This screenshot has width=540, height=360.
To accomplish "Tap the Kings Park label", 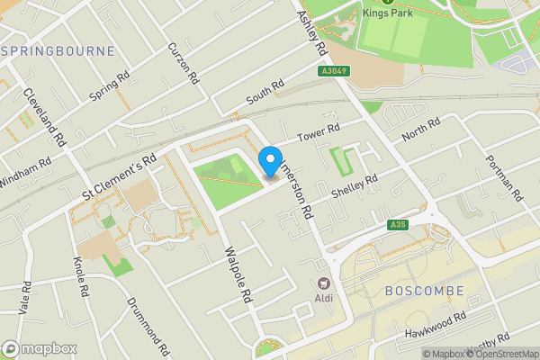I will point(388,13).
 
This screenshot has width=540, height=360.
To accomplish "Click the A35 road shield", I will point(400,224).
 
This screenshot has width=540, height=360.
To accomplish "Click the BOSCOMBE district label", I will point(423,292).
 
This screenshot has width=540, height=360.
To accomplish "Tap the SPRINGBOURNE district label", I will point(59,51).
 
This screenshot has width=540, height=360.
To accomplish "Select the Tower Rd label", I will point(319,131).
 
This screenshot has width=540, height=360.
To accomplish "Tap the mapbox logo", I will point(40,348).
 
